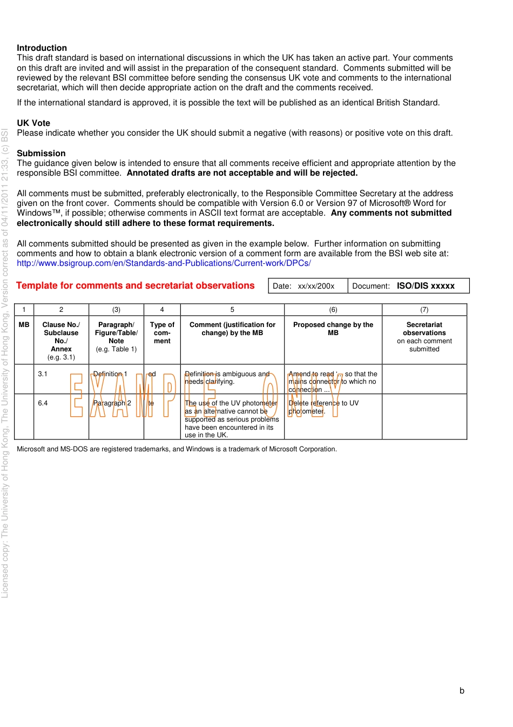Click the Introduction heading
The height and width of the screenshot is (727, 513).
[x=42, y=48]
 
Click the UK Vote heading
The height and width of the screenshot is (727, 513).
[x=33, y=123]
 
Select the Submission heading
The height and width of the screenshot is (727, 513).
[x=41, y=154]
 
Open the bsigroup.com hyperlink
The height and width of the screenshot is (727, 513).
[x=164, y=263]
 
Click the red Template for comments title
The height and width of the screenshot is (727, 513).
[x=135, y=286]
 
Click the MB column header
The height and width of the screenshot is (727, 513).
[x=24, y=325]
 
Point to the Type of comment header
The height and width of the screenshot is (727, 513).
[x=162, y=333]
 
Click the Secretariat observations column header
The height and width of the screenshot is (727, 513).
[x=424, y=336]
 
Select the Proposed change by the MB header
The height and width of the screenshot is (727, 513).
[x=333, y=329]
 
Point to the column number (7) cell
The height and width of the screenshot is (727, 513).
[x=424, y=310]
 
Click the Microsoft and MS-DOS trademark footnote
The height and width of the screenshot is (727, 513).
[x=177, y=449]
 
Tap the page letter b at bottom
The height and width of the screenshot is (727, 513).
[x=462, y=691]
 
